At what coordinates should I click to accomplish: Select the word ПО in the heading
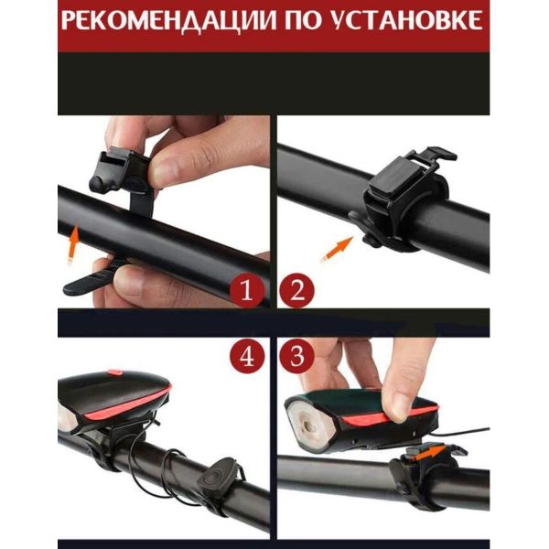(x=303, y=19)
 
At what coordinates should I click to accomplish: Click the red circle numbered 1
(x=247, y=290)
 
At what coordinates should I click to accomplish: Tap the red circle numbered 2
(x=296, y=290)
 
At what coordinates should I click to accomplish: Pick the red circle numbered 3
(x=296, y=356)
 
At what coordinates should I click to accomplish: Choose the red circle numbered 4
(x=247, y=356)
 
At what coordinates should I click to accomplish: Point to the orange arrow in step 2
(x=337, y=249)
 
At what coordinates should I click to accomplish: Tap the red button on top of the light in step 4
(x=115, y=371)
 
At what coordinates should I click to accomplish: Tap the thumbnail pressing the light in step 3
(x=398, y=406)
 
